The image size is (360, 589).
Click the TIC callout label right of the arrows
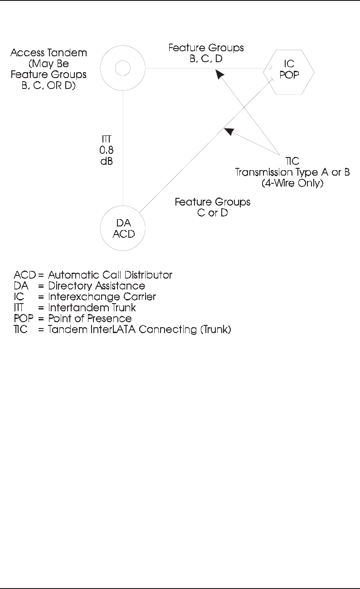(x=292, y=162)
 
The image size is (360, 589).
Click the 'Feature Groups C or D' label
(x=213, y=206)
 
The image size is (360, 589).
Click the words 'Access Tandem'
(x=43, y=54)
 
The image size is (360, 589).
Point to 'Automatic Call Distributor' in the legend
(x=110, y=275)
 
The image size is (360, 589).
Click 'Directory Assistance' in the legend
(x=97, y=286)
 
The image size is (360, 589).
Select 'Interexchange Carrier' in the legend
(x=102, y=297)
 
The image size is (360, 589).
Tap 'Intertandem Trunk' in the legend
(x=92, y=308)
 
